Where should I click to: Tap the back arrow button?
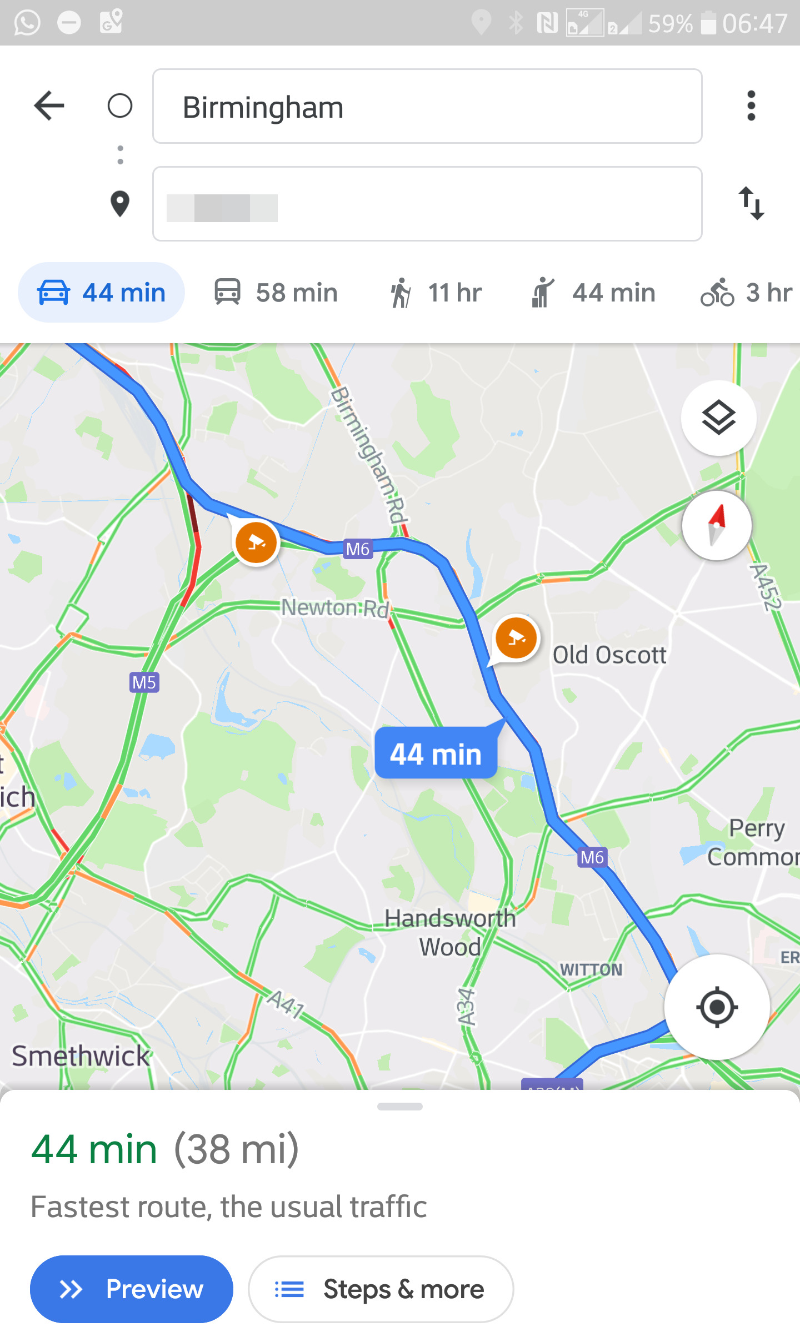click(49, 105)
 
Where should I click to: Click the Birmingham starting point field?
click(427, 107)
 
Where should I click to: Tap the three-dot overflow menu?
click(751, 105)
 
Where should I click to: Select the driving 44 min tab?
click(102, 293)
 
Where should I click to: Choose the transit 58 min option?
click(276, 293)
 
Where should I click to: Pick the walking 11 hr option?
click(436, 293)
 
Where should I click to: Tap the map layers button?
click(718, 418)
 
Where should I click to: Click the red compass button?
click(717, 525)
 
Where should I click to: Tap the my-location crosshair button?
click(717, 1007)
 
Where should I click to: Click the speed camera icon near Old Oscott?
click(516, 637)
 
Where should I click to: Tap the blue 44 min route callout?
click(436, 753)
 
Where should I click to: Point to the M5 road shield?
click(144, 682)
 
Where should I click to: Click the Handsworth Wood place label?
click(450, 933)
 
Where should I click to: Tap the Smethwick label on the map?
click(81, 1055)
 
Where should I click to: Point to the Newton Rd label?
click(335, 607)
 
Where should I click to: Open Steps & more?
click(381, 1289)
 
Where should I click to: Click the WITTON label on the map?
click(591, 969)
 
